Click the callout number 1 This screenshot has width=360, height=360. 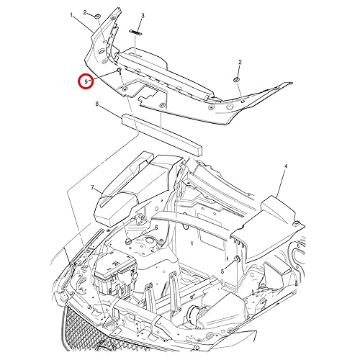[x=72, y=14]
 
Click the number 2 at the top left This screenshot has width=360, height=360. [x=86, y=14]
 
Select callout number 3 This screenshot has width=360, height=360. [x=143, y=15]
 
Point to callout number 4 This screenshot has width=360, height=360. [x=285, y=166]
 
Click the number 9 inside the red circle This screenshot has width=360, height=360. [x=86, y=82]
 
